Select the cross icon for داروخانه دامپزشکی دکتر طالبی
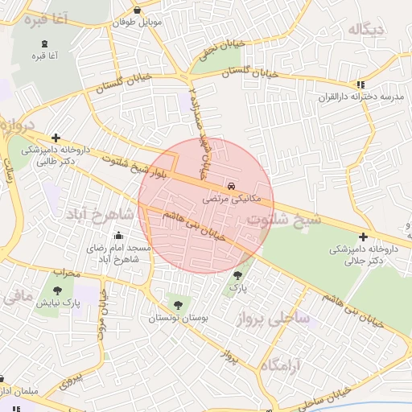click(x=56, y=138)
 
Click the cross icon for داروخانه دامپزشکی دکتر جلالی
click(x=364, y=237)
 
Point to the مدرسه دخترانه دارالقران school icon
click(x=361, y=84)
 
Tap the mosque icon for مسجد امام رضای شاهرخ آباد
click(x=119, y=236)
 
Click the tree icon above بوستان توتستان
click(x=178, y=305)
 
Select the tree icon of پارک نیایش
click(x=57, y=291)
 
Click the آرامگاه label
click(x=281, y=365)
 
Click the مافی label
click(x=18, y=298)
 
